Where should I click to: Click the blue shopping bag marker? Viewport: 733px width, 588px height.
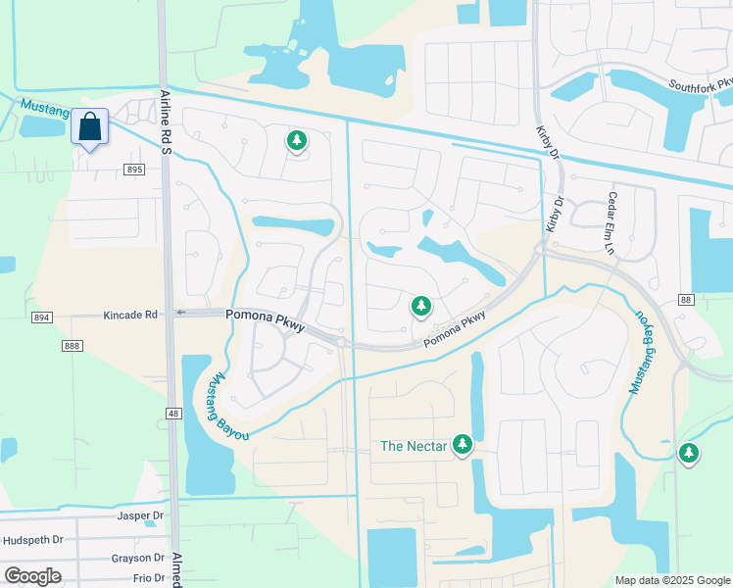(89, 128)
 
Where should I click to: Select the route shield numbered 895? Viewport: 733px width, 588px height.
(134, 170)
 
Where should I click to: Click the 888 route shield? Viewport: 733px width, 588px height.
(72, 346)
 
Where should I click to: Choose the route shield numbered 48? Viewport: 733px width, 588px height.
(172, 414)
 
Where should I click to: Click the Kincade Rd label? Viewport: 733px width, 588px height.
(130, 316)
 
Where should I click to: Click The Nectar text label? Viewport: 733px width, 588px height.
(414, 447)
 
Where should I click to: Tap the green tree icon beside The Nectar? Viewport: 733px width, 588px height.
(463, 446)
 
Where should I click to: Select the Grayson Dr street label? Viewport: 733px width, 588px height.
(136, 560)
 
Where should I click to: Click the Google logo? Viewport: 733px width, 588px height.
(32, 576)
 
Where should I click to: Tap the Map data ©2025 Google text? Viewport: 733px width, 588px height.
(672, 580)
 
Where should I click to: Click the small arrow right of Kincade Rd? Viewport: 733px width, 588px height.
(179, 314)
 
